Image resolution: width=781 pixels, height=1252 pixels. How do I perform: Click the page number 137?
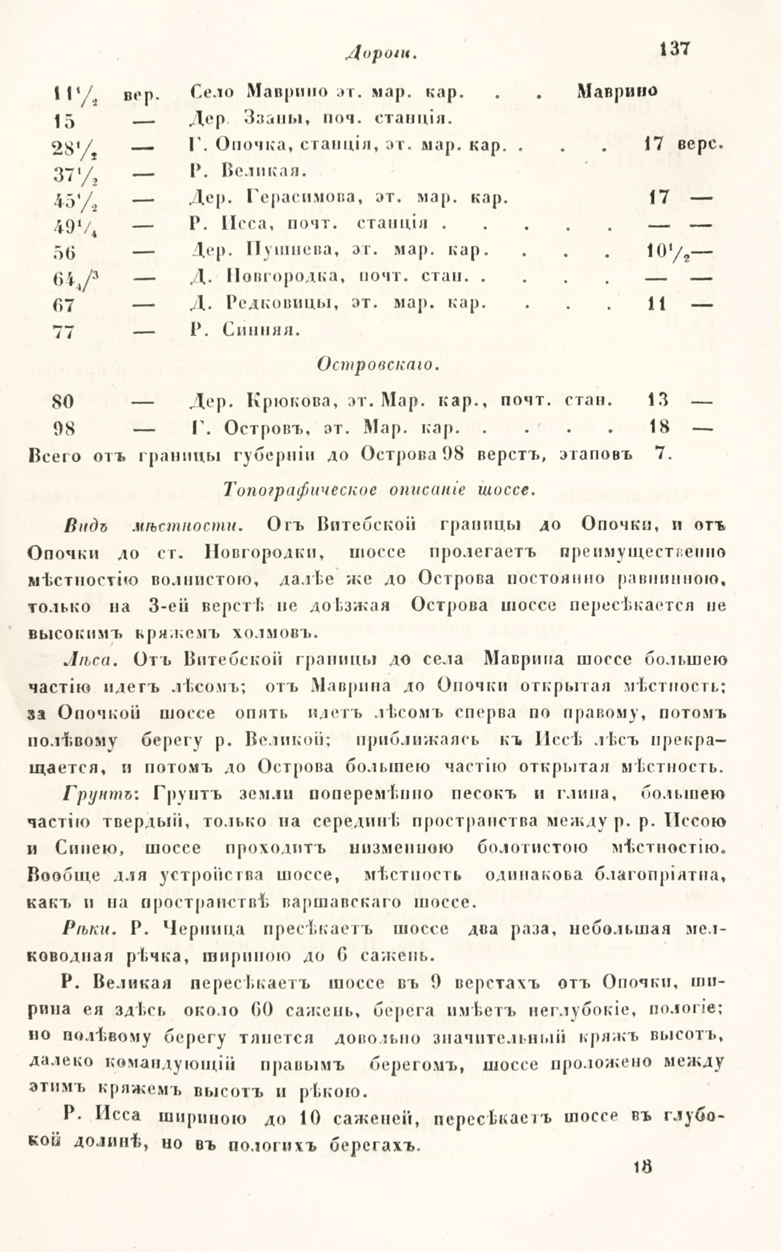pos(674,49)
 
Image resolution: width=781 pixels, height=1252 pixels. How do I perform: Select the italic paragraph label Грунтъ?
pos(98,794)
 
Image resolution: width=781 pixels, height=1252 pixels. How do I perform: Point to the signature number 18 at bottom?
pos(642,1185)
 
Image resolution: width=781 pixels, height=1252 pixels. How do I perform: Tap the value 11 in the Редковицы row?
pos(657,303)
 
